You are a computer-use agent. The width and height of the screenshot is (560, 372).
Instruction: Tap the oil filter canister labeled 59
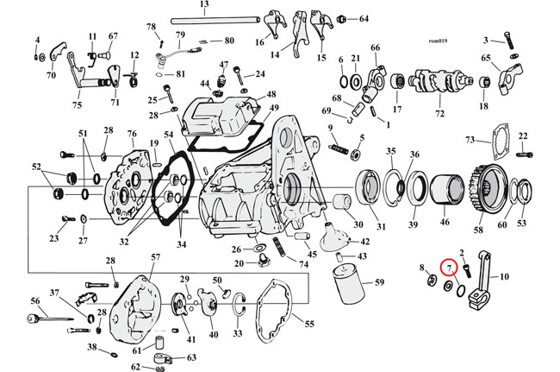point(348,284)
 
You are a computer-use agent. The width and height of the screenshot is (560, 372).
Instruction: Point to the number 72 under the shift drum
point(439,113)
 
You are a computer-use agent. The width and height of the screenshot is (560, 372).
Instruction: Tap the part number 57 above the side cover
point(155,257)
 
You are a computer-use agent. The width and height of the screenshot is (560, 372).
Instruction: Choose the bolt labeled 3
point(509,40)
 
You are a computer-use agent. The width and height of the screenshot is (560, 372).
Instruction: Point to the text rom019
point(438,41)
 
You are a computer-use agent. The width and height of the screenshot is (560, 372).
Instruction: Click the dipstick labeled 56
point(50,318)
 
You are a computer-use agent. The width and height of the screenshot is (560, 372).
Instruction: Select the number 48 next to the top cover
point(271,94)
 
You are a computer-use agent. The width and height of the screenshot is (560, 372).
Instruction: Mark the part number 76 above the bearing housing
point(132,134)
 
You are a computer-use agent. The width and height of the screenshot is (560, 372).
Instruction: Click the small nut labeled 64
point(342,18)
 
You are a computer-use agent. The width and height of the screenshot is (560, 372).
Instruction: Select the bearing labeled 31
point(368,187)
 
